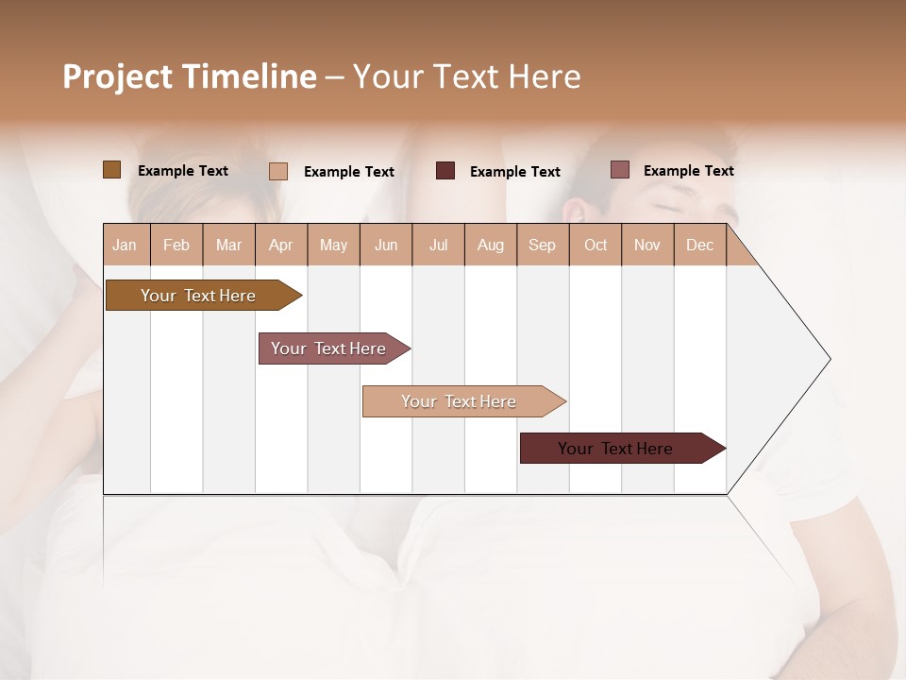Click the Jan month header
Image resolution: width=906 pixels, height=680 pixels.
coord(125,245)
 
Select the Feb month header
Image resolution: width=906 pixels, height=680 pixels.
coord(176,245)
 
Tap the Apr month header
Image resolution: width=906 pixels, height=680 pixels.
coord(280,245)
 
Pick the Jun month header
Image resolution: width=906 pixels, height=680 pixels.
coord(386,245)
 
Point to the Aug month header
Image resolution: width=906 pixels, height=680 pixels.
coord(490,245)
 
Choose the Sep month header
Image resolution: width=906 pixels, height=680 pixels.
coord(542,245)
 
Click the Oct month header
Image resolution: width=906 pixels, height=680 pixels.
coord(596,245)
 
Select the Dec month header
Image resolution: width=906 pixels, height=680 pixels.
coord(699,245)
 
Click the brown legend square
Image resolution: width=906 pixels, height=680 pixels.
coord(112,170)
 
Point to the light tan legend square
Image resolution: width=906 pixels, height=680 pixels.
coord(278,171)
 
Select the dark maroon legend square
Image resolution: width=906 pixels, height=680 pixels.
coord(445,171)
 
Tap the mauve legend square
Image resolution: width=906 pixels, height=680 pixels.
coord(619,170)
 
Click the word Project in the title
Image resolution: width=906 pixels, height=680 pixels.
coord(116,76)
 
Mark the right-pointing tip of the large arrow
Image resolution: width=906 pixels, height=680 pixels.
coord(829,359)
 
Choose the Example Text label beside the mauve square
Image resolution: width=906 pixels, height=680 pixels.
coord(688,170)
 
